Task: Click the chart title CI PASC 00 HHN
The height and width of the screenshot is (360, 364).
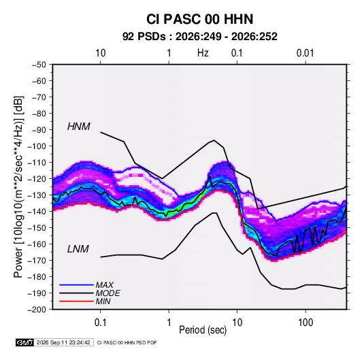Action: [199, 19]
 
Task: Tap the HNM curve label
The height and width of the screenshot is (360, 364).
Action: [79, 127]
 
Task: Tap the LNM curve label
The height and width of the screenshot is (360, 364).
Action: [78, 249]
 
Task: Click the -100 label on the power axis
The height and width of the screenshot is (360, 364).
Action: [37, 146]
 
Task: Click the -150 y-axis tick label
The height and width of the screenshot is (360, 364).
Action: [37, 227]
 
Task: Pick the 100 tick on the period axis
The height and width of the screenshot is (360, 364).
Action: [305, 323]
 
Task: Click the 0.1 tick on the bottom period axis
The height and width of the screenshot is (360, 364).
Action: [100, 323]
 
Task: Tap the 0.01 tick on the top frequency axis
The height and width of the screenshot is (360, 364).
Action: [305, 53]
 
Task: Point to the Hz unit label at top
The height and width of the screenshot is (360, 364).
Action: [203, 53]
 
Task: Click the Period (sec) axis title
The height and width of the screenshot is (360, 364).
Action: [203, 330]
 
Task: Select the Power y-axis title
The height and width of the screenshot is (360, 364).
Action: [19, 187]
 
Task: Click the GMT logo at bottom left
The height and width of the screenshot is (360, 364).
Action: [24, 342]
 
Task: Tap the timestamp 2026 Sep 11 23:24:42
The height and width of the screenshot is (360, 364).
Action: [63, 342]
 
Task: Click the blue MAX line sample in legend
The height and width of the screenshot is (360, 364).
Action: [76, 285]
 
